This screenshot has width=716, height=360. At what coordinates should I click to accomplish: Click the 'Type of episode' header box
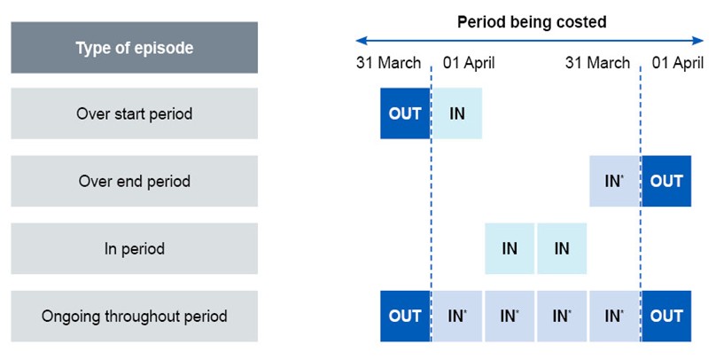pyautogui.click(x=134, y=48)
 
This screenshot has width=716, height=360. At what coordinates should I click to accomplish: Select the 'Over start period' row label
pyautogui.click(x=134, y=113)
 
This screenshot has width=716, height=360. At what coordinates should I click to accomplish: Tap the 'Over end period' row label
pyautogui.click(x=134, y=181)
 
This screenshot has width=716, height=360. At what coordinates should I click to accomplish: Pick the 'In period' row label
pyautogui.click(x=134, y=248)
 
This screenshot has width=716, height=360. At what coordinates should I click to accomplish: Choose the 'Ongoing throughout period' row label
pyautogui.click(x=134, y=316)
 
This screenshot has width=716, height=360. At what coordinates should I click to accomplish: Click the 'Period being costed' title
pyautogui.click(x=531, y=22)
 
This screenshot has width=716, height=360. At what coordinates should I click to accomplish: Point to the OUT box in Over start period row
pyautogui.click(x=405, y=113)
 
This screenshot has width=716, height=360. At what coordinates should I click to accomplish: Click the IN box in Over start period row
pyautogui.click(x=457, y=113)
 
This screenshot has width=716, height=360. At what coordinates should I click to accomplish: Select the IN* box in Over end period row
pyautogui.click(x=614, y=181)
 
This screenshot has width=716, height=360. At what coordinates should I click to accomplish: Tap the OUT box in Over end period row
pyautogui.click(x=666, y=181)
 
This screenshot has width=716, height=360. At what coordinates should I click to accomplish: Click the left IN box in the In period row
pyautogui.click(x=510, y=248)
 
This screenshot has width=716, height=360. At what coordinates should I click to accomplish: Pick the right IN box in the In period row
pyautogui.click(x=562, y=248)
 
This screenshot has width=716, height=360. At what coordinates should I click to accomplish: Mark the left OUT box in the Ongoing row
pyautogui.click(x=405, y=316)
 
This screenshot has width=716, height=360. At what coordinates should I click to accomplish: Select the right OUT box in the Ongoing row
pyautogui.click(x=666, y=316)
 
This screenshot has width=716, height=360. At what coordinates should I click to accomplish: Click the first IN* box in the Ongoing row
pyautogui.click(x=457, y=316)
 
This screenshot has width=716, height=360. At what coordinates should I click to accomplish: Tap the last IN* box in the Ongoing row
pyautogui.click(x=614, y=316)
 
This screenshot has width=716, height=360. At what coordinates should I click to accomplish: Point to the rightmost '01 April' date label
pyautogui.click(x=677, y=63)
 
